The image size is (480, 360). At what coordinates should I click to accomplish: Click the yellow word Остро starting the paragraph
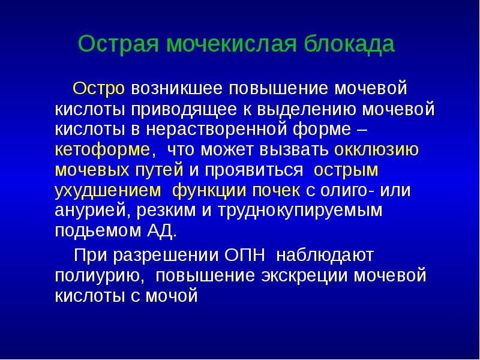coord(99,89)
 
